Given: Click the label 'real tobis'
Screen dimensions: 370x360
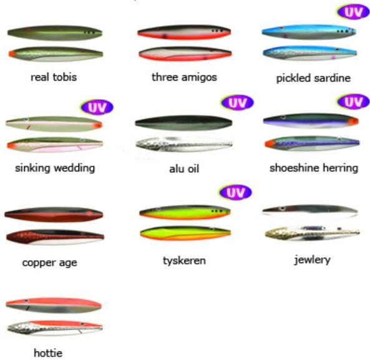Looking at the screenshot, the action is (54, 77).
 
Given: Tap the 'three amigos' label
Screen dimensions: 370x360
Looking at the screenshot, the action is (184, 77).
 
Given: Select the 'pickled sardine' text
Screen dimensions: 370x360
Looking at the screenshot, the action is (313, 78).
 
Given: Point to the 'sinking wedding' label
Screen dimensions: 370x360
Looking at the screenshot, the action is (55, 168).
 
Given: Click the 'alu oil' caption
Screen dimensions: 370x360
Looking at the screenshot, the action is (184, 168).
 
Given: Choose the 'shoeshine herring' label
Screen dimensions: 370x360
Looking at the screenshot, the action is (314, 168).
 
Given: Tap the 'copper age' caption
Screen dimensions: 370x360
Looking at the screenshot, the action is (49, 263).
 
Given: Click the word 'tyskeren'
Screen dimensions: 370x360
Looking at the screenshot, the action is (184, 261).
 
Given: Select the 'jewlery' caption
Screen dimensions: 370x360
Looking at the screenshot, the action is (312, 260).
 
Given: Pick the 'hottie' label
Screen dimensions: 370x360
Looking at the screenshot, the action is (48, 353).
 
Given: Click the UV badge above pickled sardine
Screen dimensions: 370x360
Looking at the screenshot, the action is (353, 12).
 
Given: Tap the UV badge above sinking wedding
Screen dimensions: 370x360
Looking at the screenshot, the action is (97, 107).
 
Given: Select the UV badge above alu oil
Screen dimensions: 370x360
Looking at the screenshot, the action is (237, 102).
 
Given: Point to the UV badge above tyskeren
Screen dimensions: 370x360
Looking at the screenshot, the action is (235, 192).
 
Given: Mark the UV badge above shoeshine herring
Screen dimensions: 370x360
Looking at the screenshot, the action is (353, 102).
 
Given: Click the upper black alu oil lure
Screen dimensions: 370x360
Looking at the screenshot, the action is (183, 123).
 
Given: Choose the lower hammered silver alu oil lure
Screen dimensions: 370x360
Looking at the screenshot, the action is (184, 144).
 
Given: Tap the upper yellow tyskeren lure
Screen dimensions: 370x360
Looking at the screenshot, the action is (185, 212).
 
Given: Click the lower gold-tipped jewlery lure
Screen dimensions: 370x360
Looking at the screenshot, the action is (312, 233).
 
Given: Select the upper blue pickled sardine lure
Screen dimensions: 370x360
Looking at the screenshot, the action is (309, 32).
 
